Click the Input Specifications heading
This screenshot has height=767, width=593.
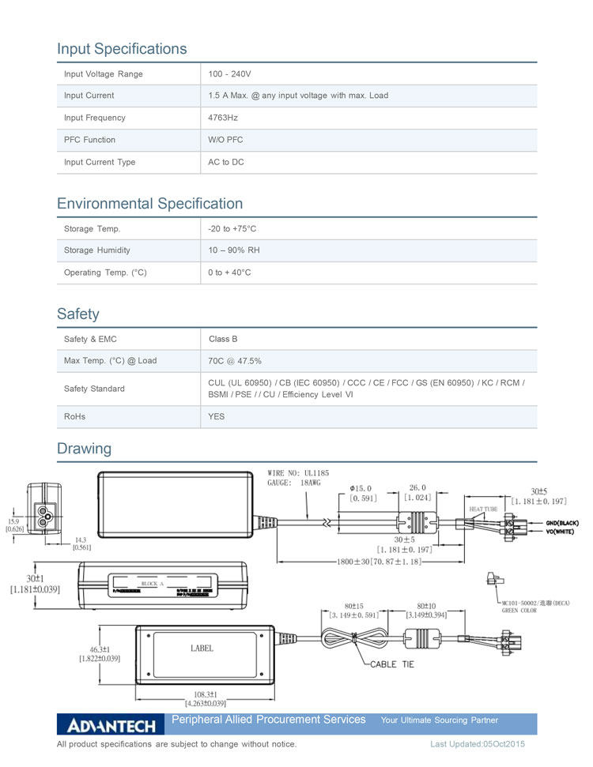[x=122, y=49]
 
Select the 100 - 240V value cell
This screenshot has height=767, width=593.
[x=229, y=73]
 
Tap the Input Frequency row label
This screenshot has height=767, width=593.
[x=94, y=118]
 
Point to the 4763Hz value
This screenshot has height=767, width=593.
[x=223, y=118]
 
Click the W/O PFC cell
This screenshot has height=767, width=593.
[x=225, y=140]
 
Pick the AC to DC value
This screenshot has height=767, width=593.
[x=226, y=162]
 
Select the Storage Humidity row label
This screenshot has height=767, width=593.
[x=97, y=250]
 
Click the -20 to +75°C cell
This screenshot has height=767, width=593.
[x=232, y=228]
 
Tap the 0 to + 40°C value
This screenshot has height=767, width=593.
[x=229, y=273]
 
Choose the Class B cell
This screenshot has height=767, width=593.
[x=223, y=339]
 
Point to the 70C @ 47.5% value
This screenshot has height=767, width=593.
[x=235, y=361]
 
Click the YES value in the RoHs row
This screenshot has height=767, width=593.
[x=217, y=416]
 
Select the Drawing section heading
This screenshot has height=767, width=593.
[x=84, y=449]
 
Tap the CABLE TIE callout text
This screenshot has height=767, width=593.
[x=392, y=664]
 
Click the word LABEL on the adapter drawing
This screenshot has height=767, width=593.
[x=202, y=649]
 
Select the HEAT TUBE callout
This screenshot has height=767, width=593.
[x=483, y=509]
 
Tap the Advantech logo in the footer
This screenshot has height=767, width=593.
[x=111, y=725]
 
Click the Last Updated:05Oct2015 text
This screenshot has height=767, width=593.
[x=478, y=744]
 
